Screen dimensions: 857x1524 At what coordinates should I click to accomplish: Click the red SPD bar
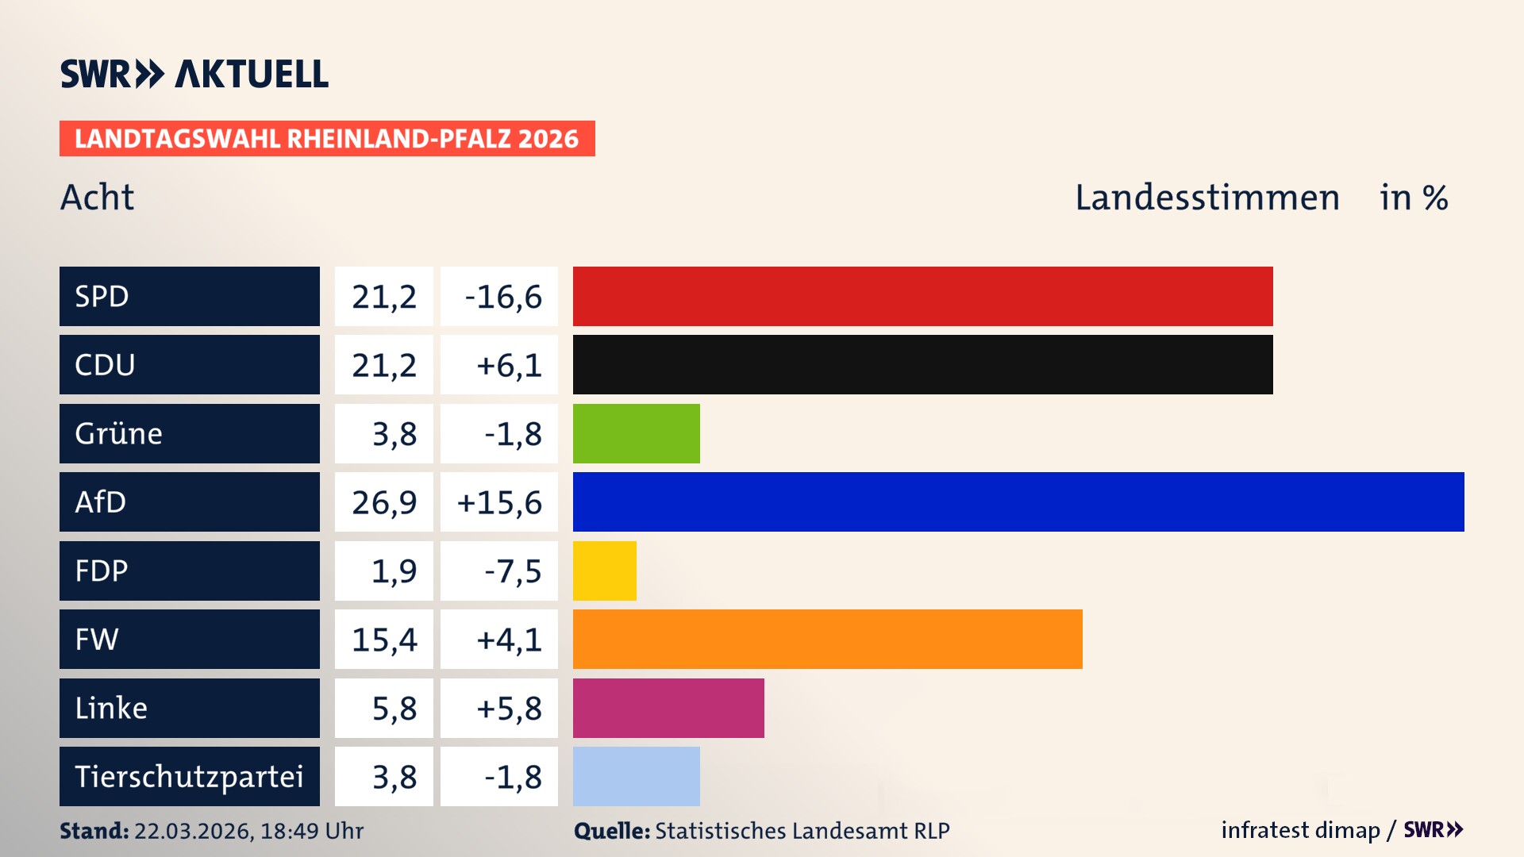(922, 296)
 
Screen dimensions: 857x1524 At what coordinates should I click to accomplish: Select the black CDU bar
(922, 365)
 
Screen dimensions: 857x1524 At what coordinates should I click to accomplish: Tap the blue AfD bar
(1018, 502)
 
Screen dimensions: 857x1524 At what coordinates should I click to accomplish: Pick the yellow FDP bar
(604, 571)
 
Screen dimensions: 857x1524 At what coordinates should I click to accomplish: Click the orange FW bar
(827, 639)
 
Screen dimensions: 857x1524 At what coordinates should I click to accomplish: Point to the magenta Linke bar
(668, 708)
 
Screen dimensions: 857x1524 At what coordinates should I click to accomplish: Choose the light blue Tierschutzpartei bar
(636, 776)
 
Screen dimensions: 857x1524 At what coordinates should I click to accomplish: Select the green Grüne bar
(636, 433)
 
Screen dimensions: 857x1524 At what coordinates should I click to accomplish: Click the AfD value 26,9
(384, 502)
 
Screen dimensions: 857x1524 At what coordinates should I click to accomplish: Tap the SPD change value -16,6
(502, 297)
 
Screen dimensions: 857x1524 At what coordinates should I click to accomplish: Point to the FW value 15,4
(384, 640)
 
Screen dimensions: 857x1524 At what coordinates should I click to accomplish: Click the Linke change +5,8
(508, 708)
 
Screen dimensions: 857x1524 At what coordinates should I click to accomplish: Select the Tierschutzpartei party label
(189, 776)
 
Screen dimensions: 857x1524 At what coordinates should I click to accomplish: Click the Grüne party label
(119, 433)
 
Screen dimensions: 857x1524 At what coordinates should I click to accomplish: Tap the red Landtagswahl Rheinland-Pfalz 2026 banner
(327, 139)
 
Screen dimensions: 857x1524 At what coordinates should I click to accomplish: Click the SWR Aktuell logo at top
(194, 74)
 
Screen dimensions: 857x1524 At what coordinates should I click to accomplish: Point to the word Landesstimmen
(1206, 198)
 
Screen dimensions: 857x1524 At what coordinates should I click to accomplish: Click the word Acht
(97, 198)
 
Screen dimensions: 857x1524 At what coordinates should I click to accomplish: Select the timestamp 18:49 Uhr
(311, 831)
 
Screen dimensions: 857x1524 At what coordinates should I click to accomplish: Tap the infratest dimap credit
(1299, 830)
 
